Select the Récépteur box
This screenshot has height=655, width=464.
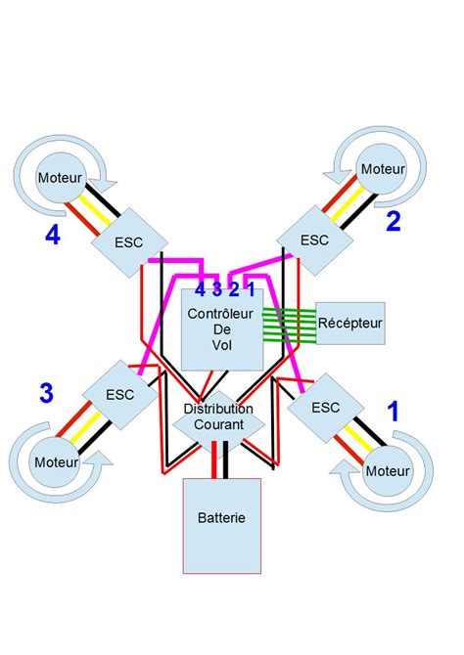(x=350, y=322)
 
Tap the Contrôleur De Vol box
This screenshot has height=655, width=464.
(x=220, y=330)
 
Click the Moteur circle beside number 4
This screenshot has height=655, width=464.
(x=59, y=178)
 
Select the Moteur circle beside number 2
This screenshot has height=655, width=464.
(x=382, y=169)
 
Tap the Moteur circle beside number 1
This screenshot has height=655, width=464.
(x=388, y=471)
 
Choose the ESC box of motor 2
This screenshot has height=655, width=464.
(x=314, y=239)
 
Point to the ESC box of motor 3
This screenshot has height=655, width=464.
(x=119, y=396)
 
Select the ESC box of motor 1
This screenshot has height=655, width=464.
(x=324, y=408)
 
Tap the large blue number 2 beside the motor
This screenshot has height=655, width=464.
(x=393, y=222)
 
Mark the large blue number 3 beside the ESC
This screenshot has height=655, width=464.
(x=45, y=393)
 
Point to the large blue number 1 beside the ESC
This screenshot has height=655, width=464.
(x=394, y=412)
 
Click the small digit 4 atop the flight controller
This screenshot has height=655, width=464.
(x=200, y=289)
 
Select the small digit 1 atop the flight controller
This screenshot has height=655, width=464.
(x=251, y=289)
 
